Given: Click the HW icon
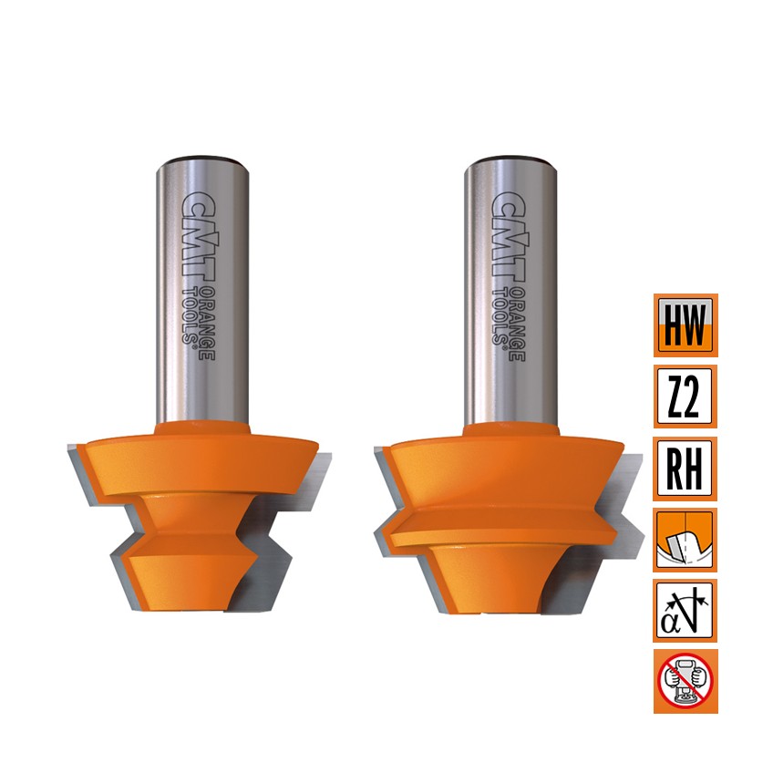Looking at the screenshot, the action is (685, 325).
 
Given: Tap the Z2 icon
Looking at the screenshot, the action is (685, 397).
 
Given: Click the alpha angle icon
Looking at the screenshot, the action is (685, 611).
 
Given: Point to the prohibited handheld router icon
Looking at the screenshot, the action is (685, 681).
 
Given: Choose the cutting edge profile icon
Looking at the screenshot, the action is (685, 540).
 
